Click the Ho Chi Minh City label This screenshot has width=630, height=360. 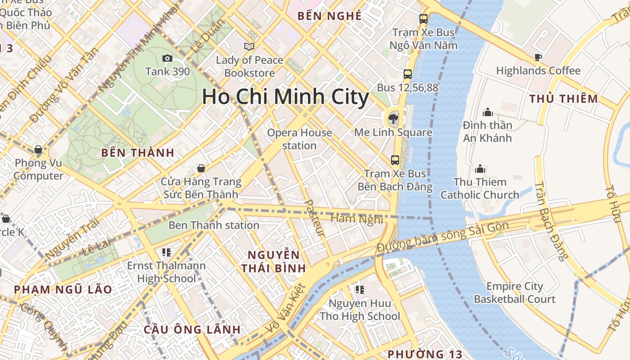[285, 97]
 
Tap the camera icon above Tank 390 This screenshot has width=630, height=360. [167, 58]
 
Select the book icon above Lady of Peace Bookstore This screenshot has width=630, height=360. [249, 46]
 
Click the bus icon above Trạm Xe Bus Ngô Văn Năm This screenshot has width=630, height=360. [423, 19]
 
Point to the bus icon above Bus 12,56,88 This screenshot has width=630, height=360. [407, 74]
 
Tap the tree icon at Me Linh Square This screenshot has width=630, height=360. [393, 119]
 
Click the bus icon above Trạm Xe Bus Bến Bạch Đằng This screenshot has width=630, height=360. [395, 160]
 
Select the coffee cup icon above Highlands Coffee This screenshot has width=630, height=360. [538, 57]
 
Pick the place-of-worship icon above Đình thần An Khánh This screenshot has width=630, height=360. [487, 112]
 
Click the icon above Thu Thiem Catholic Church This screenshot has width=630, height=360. [480, 169]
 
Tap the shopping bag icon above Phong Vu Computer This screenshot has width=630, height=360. [38, 149]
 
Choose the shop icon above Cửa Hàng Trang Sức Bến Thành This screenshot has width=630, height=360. [201, 168]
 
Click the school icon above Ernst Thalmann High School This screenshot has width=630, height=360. [166, 252]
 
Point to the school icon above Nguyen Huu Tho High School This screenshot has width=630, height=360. [359, 289]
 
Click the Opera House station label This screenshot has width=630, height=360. [300, 139]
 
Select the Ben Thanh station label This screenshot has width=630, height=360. [214, 225]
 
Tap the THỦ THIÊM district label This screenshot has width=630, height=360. [563, 99]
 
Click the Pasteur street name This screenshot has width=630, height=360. [315, 218]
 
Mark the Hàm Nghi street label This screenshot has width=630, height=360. [357, 219]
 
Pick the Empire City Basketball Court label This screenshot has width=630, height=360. [514, 292]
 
